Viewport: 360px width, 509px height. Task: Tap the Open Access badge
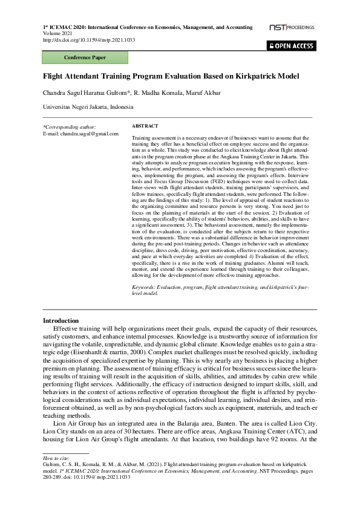292,46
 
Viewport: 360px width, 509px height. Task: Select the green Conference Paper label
85,58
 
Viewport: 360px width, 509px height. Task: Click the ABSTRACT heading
145,126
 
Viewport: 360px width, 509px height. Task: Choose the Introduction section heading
61,320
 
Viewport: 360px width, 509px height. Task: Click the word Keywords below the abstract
144,287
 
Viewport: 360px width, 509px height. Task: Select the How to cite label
54,459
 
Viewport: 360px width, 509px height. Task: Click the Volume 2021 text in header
56,34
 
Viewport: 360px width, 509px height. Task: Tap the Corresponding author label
70,127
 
